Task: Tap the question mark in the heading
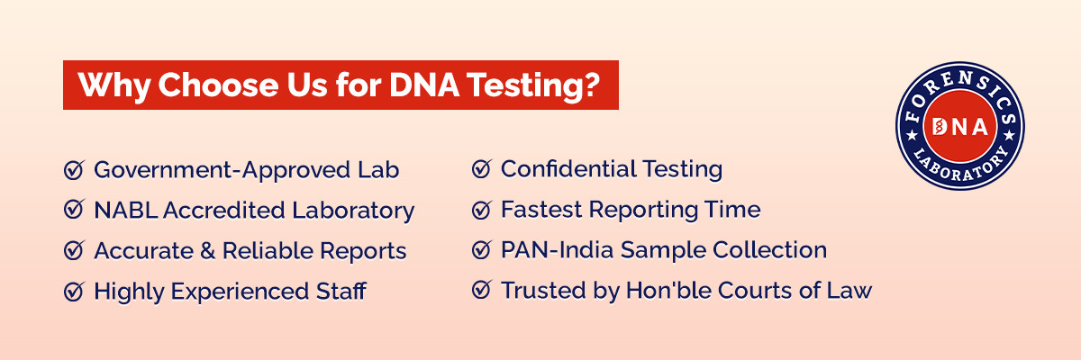point(593,85)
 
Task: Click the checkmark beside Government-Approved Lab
point(74,169)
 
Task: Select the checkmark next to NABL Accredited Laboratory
point(74,211)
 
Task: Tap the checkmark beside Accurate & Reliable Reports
point(74,251)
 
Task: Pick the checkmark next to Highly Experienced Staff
point(74,292)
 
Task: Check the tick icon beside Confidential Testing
point(481,168)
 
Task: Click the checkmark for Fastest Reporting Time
point(481,210)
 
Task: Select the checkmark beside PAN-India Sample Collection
point(481,250)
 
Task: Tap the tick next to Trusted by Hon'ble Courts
point(481,291)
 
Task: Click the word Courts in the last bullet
point(777,291)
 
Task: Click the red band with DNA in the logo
point(961,126)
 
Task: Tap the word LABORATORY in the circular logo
point(961,168)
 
